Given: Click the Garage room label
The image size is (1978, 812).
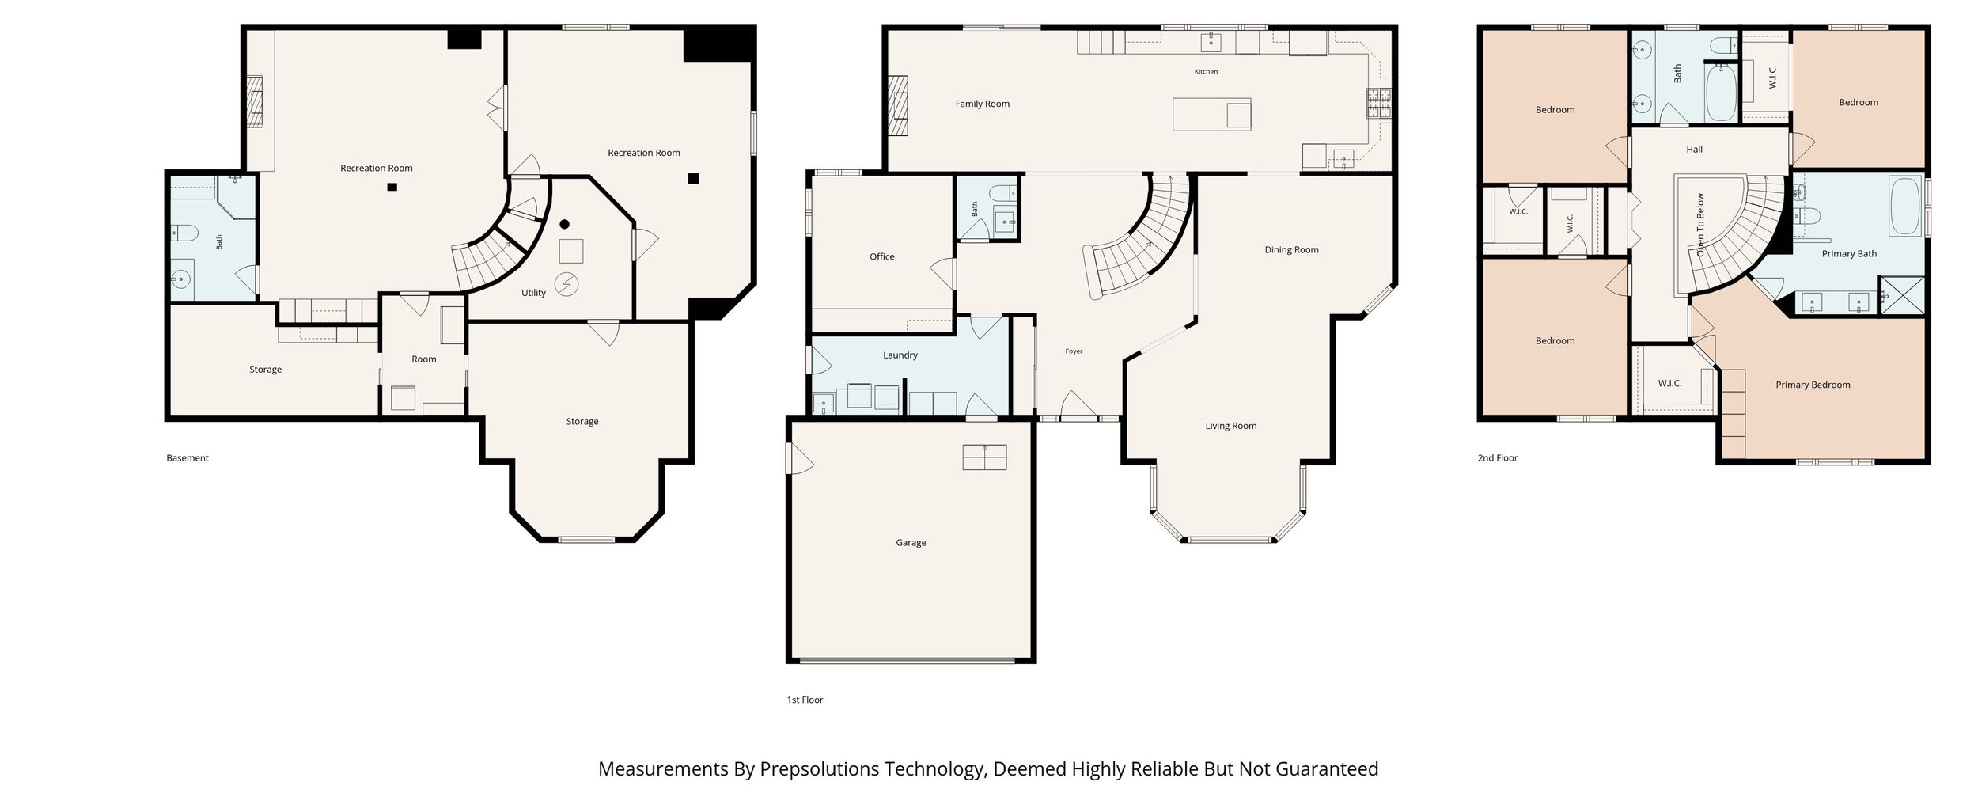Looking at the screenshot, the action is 911,542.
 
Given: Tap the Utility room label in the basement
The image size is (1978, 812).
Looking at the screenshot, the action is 533,293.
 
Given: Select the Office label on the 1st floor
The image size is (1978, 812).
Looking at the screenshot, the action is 881,256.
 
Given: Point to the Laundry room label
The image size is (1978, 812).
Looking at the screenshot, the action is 900,355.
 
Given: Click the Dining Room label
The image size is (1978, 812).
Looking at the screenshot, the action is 1291,250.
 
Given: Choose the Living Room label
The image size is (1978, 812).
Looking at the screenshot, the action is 1230,426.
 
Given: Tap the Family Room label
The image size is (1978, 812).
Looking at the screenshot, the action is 982,104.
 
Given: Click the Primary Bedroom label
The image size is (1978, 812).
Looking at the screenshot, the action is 1813,385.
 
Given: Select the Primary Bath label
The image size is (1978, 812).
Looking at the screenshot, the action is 1849,254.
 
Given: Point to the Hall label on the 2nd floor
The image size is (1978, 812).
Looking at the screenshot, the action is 1694,150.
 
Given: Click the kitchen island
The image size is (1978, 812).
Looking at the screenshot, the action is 1212,114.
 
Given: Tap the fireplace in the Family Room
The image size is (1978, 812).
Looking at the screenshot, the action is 898,107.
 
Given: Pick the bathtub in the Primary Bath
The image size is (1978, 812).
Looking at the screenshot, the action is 1906,207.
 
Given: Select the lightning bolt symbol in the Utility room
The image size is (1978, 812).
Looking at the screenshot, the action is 566,284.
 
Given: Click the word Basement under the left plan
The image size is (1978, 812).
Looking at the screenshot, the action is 188,458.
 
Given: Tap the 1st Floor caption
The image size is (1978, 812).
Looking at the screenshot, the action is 805,700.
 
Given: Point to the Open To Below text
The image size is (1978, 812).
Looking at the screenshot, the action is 1700,225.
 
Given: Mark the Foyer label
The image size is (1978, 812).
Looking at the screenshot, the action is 1074,351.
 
